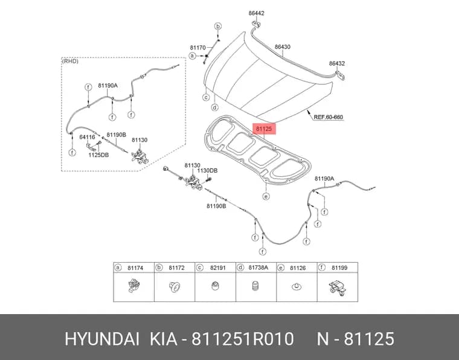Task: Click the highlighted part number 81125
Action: tap(264, 129)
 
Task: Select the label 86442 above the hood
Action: tap(257, 13)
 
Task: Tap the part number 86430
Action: tap(283, 47)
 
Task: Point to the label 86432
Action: tap(337, 63)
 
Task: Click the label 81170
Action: tap(198, 48)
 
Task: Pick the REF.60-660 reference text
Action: tap(329, 117)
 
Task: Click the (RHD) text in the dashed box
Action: tap(70, 61)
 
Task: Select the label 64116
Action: tap(87, 137)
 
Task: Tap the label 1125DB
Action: tap(98, 155)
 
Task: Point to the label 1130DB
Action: tap(207, 170)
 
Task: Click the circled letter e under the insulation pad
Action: tap(266, 196)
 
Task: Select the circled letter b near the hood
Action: tap(218, 27)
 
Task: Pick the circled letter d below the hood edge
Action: tap(215, 108)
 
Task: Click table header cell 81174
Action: tap(135, 268)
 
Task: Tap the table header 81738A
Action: tap(258, 268)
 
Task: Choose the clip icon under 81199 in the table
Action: tap(338, 288)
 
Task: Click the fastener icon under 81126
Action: tap(297, 286)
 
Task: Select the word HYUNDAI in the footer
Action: tap(102, 339)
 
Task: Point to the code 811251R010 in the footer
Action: tap(242, 339)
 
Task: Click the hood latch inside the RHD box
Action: tap(140, 156)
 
